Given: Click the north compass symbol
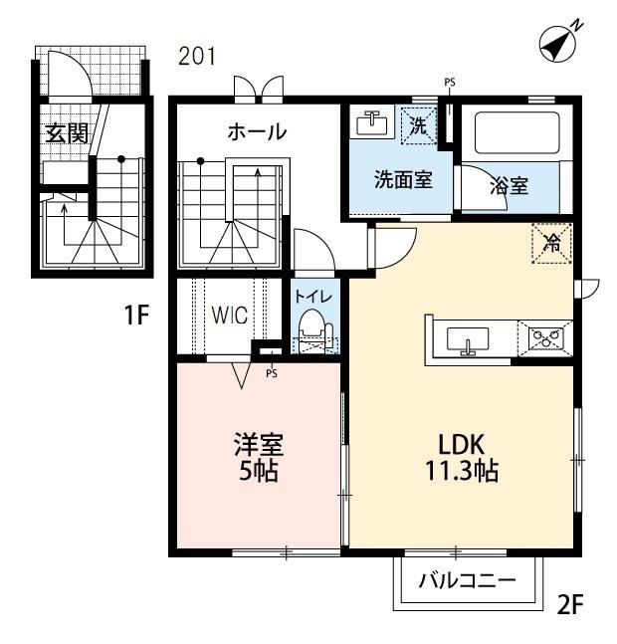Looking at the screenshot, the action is click(x=558, y=44).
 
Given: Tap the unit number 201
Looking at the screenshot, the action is click(x=197, y=56).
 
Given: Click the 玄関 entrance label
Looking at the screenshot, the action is click(x=67, y=132).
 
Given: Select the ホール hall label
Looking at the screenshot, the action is click(x=257, y=131).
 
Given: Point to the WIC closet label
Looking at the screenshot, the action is click(x=230, y=316).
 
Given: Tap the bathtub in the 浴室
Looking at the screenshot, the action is click(x=516, y=132).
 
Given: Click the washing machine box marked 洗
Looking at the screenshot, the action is click(x=419, y=125).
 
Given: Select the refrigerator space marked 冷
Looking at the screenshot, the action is click(x=551, y=243).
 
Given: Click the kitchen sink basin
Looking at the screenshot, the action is click(x=468, y=340).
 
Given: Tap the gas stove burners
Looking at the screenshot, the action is click(x=545, y=338).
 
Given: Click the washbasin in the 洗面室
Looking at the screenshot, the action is click(x=372, y=122).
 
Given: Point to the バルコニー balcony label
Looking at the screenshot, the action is click(x=467, y=580).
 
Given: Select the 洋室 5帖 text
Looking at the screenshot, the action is click(x=259, y=457).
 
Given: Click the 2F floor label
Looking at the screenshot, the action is click(x=570, y=604).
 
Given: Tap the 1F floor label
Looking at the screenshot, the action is click(x=136, y=315).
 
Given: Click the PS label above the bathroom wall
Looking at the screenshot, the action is click(x=450, y=83).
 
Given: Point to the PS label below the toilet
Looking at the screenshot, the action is click(x=272, y=373).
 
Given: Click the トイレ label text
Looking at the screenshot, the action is click(x=313, y=297).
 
